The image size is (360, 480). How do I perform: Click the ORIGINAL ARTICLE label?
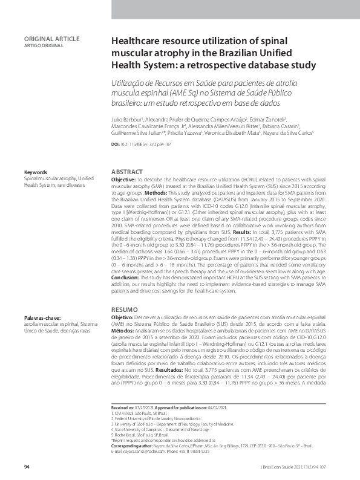click(x=51, y=39)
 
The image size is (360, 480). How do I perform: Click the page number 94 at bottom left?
click(x=27, y=467)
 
